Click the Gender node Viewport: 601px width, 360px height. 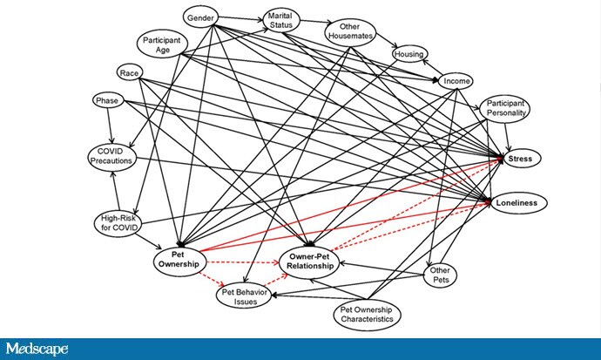coord(201,17)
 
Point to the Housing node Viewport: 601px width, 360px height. coord(409,54)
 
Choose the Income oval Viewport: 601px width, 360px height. coord(457,81)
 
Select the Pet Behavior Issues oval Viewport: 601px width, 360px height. coord(244,296)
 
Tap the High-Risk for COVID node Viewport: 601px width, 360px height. coord(118,222)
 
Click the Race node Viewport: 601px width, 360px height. coord(130,71)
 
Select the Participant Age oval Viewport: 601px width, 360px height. coord(163,43)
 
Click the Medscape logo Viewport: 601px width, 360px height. coord(37,349)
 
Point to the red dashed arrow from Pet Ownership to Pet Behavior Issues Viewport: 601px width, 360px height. coord(209,279)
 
